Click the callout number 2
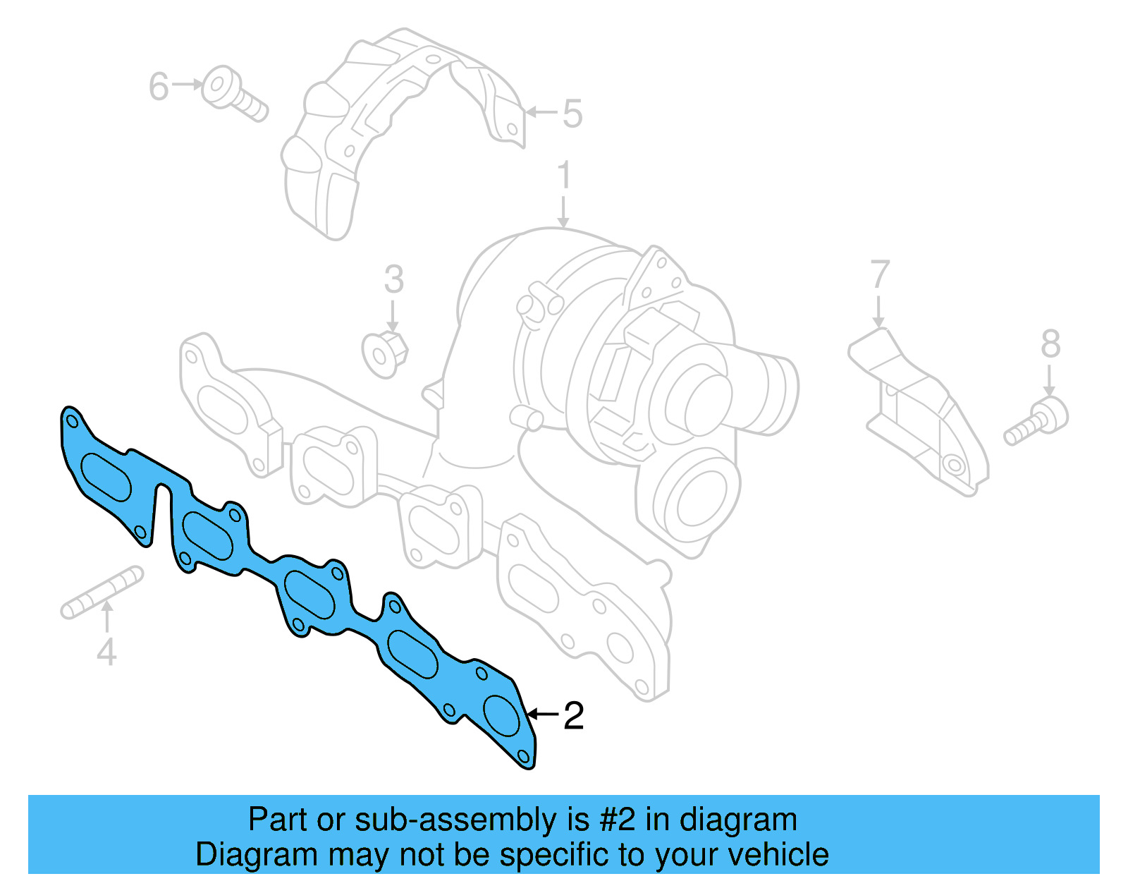tap(574, 716)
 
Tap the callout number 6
tap(159, 87)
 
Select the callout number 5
tap(572, 114)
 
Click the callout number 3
tap(393, 279)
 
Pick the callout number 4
tap(106, 652)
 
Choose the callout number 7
tap(879, 275)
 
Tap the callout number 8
tap(1050, 345)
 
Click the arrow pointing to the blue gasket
tap(543, 715)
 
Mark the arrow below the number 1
tap(563, 213)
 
